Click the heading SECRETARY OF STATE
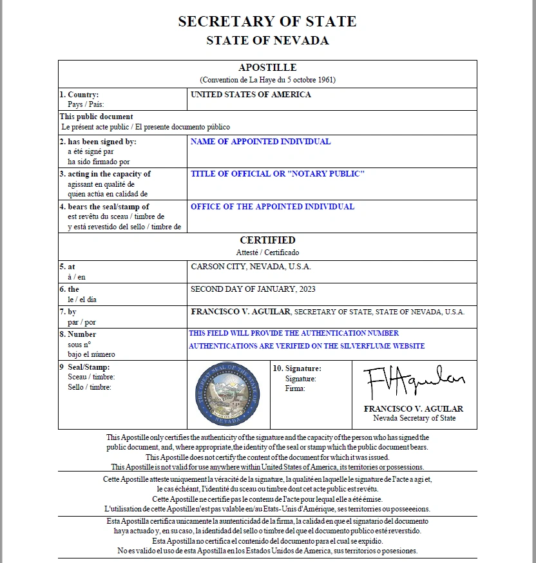pyautogui.click(x=267, y=21)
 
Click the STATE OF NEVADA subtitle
pyautogui.click(x=267, y=41)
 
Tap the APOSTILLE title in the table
pyautogui.click(x=267, y=68)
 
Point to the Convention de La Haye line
pyautogui.click(x=267, y=80)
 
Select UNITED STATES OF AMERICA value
pyautogui.click(x=251, y=95)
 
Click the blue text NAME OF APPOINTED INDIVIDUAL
pyautogui.click(x=260, y=142)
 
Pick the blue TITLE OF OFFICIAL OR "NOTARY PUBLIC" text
pyautogui.click(x=278, y=174)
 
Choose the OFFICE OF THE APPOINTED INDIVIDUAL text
pyautogui.click(x=272, y=207)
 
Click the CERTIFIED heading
pyautogui.click(x=267, y=240)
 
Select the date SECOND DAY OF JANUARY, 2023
pyautogui.click(x=253, y=289)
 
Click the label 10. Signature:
pyautogui.click(x=297, y=368)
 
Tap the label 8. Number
pyautogui.click(x=78, y=334)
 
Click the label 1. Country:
pyautogui.click(x=79, y=95)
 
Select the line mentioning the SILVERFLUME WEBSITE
pyautogui.click(x=307, y=346)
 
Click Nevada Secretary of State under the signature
pyautogui.click(x=414, y=418)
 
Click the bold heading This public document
pyautogui.click(x=97, y=117)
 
